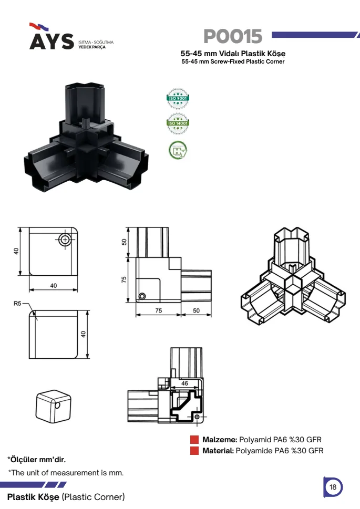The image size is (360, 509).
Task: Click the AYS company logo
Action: pyautogui.click(x=52, y=36)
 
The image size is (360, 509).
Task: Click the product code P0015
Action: pyautogui.click(x=233, y=36)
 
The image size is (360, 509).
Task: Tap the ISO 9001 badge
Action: pyautogui.click(x=178, y=98)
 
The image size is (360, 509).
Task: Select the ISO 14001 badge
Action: pyautogui.click(x=178, y=123)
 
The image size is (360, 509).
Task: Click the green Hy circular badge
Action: pyautogui.click(x=178, y=150)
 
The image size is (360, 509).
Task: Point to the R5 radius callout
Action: pyautogui.click(x=17, y=304)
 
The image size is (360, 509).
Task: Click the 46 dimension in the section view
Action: pyautogui.click(x=184, y=383)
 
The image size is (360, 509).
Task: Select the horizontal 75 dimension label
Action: pyautogui.click(x=159, y=310)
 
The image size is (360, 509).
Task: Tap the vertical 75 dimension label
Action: pyautogui.click(x=124, y=279)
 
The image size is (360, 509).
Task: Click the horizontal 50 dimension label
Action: pyautogui.click(x=196, y=310)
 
